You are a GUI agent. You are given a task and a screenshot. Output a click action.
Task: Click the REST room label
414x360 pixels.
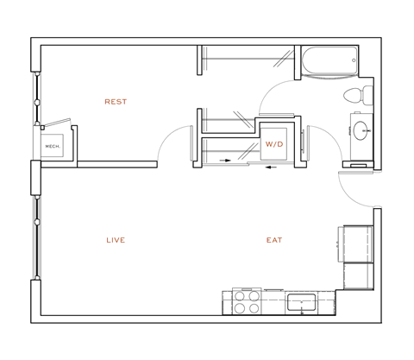116,102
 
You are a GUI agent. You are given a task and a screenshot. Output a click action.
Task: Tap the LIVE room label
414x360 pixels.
115,240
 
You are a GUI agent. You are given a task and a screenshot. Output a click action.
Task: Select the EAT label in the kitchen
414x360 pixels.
273,240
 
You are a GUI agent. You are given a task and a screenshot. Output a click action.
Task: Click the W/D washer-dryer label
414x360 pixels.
273,144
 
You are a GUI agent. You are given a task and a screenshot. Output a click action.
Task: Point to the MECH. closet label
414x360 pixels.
53,146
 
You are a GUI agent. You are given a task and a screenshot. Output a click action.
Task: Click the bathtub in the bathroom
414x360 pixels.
329,63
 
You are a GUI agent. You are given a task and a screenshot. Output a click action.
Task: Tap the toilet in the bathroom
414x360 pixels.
354,94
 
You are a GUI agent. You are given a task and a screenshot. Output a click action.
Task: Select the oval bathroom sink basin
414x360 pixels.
362,131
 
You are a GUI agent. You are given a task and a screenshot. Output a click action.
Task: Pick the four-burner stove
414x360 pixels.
244,302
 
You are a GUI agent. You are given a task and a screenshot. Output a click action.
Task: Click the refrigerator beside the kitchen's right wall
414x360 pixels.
356,256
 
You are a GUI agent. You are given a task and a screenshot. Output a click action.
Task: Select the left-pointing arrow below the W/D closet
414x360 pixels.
272,168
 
